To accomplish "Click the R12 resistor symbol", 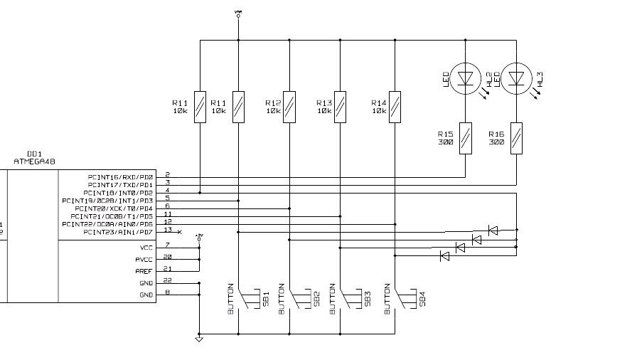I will [289, 107].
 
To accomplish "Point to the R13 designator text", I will [324, 102].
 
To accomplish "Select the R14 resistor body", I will [395, 107].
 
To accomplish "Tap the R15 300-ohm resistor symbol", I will [465, 138].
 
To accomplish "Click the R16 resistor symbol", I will [516, 138].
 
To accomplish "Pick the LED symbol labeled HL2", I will [465, 77].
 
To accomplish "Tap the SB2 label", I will [316, 299].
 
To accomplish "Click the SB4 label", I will [422, 299].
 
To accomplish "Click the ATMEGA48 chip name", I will [34, 162].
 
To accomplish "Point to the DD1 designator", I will [33, 154].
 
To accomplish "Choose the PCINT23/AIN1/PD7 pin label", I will [118, 232].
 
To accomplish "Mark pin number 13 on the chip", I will [167, 229].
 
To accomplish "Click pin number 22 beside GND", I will [167, 280].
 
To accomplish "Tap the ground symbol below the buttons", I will [199, 339].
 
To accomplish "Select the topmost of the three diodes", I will [493, 230].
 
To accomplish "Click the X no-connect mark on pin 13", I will [179, 233].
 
